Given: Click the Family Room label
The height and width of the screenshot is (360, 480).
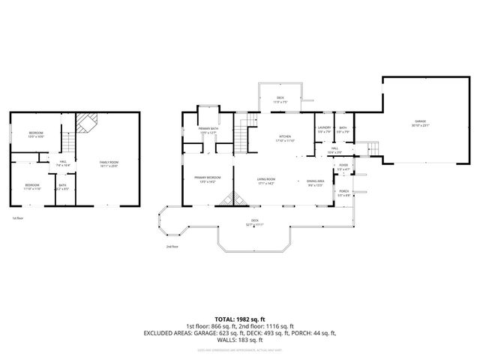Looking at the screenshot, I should click(x=109, y=164).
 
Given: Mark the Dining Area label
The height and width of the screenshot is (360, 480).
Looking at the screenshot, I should click(x=315, y=181).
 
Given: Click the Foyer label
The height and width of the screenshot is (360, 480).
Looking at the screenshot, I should click(x=343, y=166).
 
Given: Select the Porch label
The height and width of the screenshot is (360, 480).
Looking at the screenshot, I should click(x=343, y=193).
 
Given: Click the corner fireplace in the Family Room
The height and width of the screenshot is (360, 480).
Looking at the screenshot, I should click(x=88, y=122).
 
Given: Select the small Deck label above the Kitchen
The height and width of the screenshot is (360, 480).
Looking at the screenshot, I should click(x=280, y=100).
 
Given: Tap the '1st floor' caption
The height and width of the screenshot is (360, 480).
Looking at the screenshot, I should click(x=16, y=218).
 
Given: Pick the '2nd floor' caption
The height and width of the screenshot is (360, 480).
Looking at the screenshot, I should click(x=172, y=246).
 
